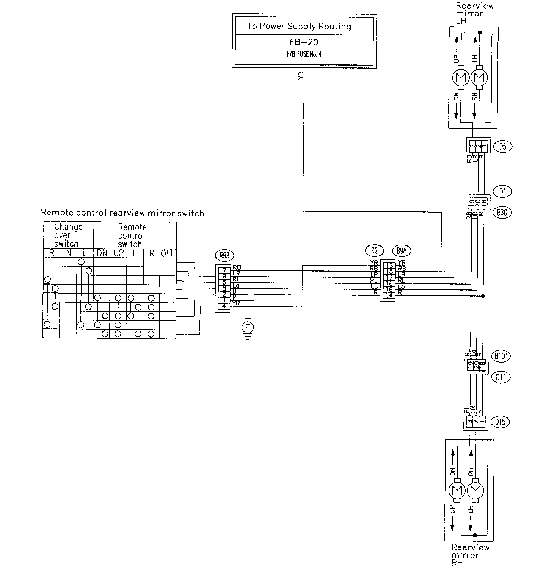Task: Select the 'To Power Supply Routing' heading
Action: pos(299,26)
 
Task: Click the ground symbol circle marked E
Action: pos(248,327)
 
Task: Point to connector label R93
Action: pos(224,255)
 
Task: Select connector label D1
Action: pos(503,192)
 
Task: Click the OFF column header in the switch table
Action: pos(168,253)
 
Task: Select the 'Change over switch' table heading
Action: pos(68,235)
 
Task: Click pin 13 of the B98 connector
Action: pos(389,265)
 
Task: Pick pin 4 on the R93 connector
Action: pos(225,306)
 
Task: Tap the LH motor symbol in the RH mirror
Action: pos(474,491)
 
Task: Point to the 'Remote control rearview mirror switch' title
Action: pos(122,213)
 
